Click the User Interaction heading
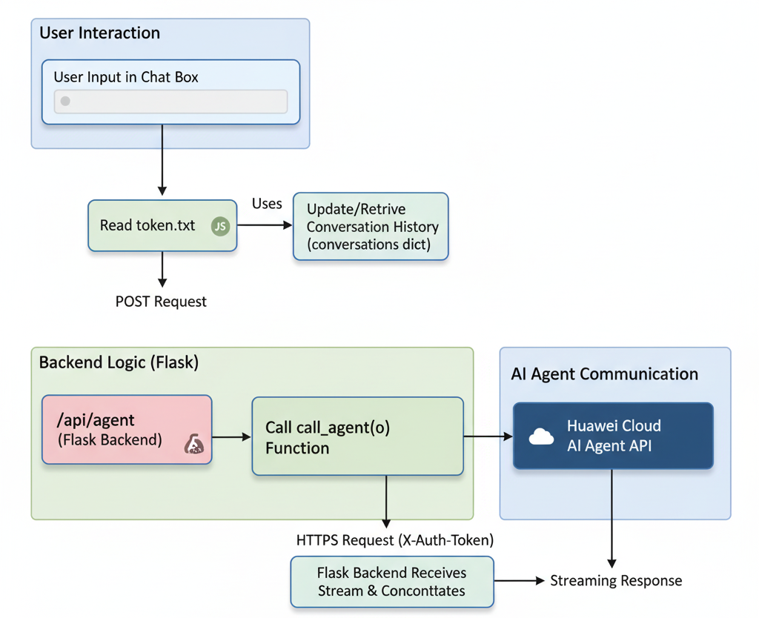(x=100, y=33)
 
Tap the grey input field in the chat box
(x=171, y=101)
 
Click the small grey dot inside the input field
(x=65, y=101)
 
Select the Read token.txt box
(x=162, y=225)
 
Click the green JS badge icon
(x=220, y=226)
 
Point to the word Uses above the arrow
(x=267, y=204)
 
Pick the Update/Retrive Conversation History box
(x=371, y=227)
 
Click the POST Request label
(x=161, y=302)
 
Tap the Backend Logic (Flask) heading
(x=119, y=362)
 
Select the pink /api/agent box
(x=127, y=430)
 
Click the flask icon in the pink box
(x=194, y=444)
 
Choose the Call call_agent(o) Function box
(x=358, y=436)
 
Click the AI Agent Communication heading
(x=605, y=374)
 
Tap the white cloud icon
(x=541, y=436)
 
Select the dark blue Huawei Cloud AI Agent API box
(x=613, y=436)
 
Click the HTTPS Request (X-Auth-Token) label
(x=395, y=540)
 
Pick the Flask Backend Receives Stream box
(x=392, y=582)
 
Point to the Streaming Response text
(x=616, y=581)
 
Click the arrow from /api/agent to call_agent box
(x=231, y=437)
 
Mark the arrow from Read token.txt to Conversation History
(x=265, y=225)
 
